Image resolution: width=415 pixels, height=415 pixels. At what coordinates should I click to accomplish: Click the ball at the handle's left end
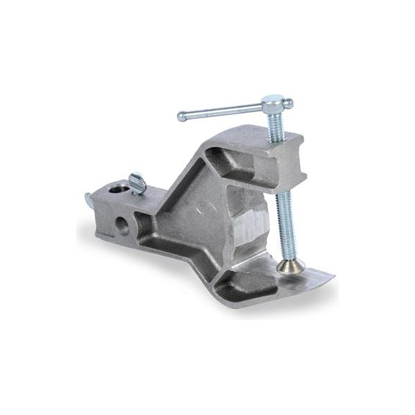(181, 116)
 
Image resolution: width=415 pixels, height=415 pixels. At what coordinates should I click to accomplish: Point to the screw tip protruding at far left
(89, 200)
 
